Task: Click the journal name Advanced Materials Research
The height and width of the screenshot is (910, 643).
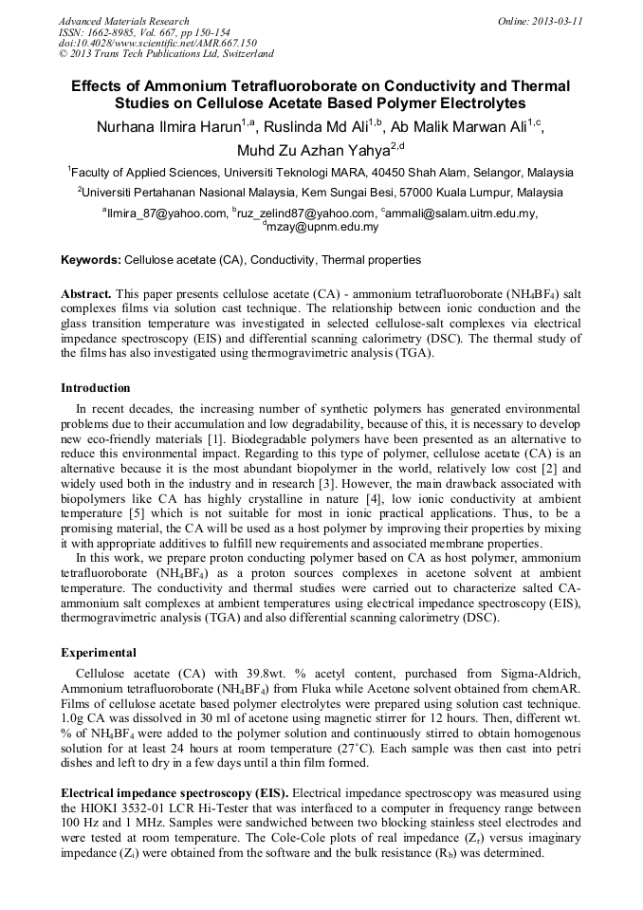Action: click(123, 21)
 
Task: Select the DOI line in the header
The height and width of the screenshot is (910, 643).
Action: click(156, 43)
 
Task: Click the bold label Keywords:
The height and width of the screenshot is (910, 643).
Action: click(91, 260)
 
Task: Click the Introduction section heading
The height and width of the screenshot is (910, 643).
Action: click(96, 388)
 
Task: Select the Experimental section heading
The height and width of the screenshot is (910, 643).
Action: click(99, 653)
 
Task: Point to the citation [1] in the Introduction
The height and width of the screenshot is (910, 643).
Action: click(215, 440)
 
